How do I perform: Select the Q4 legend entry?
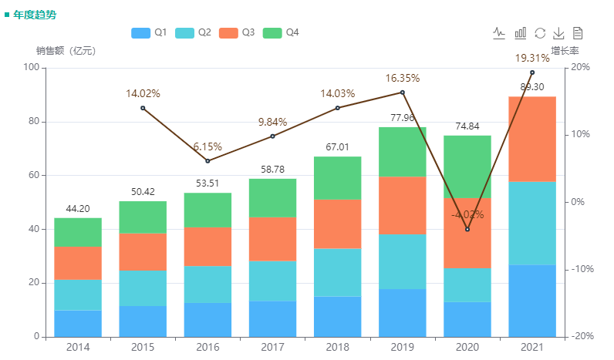pos(281,32)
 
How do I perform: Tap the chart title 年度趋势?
pos(35,15)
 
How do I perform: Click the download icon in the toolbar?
pos(559,33)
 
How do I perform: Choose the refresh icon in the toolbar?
pos(540,33)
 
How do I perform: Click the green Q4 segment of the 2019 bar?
pos(402,152)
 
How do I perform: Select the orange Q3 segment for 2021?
pos(531,139)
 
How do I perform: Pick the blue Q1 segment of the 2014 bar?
pos(78,323)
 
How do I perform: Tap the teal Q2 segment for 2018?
pos(337,272)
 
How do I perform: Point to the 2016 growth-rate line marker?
pos(207,161)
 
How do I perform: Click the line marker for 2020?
pos(467,229)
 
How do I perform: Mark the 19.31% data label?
pos(532,58)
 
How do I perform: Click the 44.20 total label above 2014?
pos(78,209)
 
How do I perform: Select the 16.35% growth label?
pos(402,78)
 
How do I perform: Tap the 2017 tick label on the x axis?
pos(272,348)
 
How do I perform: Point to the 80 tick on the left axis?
pos(32,122)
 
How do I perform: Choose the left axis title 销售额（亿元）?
pos(66,51)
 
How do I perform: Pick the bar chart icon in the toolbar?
pos(521,33)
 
